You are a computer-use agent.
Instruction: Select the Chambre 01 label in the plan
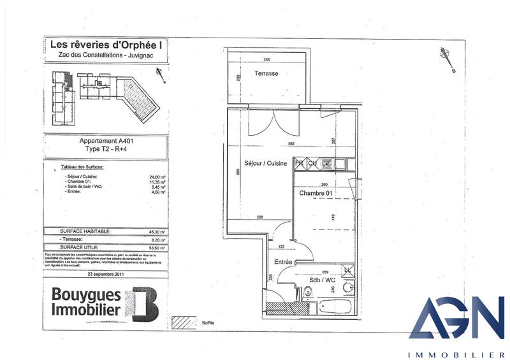(x=317, y=192)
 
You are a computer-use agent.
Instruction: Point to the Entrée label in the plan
(x=284, y=261)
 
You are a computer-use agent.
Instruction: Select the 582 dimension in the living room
(x=291, y=144)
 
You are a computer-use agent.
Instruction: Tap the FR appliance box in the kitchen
(x=300, y=164)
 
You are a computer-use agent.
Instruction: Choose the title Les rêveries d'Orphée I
(x=105, y=45)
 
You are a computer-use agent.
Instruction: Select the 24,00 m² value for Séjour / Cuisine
(x=157, y=178)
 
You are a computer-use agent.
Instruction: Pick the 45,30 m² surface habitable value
(x=157, y=231)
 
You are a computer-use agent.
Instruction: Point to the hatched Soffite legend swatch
(x=187, y=323)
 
